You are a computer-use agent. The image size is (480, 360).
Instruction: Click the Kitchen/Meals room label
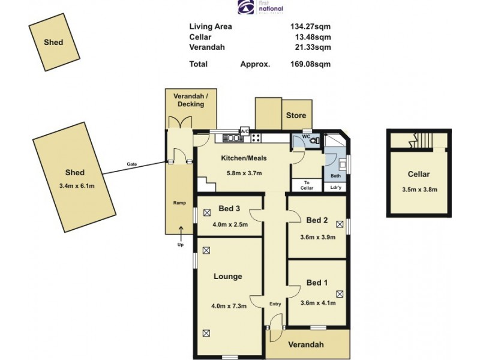(244, 158)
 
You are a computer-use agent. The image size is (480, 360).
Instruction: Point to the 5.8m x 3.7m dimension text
(244, 174)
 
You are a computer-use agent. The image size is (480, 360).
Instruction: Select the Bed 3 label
(229, 209)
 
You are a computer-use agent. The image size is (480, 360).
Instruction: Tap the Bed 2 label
(317, 220)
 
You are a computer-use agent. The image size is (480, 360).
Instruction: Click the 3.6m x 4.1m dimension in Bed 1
(317, 302)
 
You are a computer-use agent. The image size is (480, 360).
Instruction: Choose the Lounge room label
(228, 277)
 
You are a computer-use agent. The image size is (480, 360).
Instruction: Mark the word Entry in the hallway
(275, 304)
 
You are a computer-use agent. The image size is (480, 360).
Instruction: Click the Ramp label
(179, 203)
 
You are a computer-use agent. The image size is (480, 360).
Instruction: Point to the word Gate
(132, 164)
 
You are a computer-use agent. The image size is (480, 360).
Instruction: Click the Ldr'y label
(336, 187)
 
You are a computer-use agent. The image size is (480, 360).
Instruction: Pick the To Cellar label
(307, 185)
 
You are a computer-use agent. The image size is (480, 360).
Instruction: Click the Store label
(296, 115)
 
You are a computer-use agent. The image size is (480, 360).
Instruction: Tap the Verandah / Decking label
(188, 100)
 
